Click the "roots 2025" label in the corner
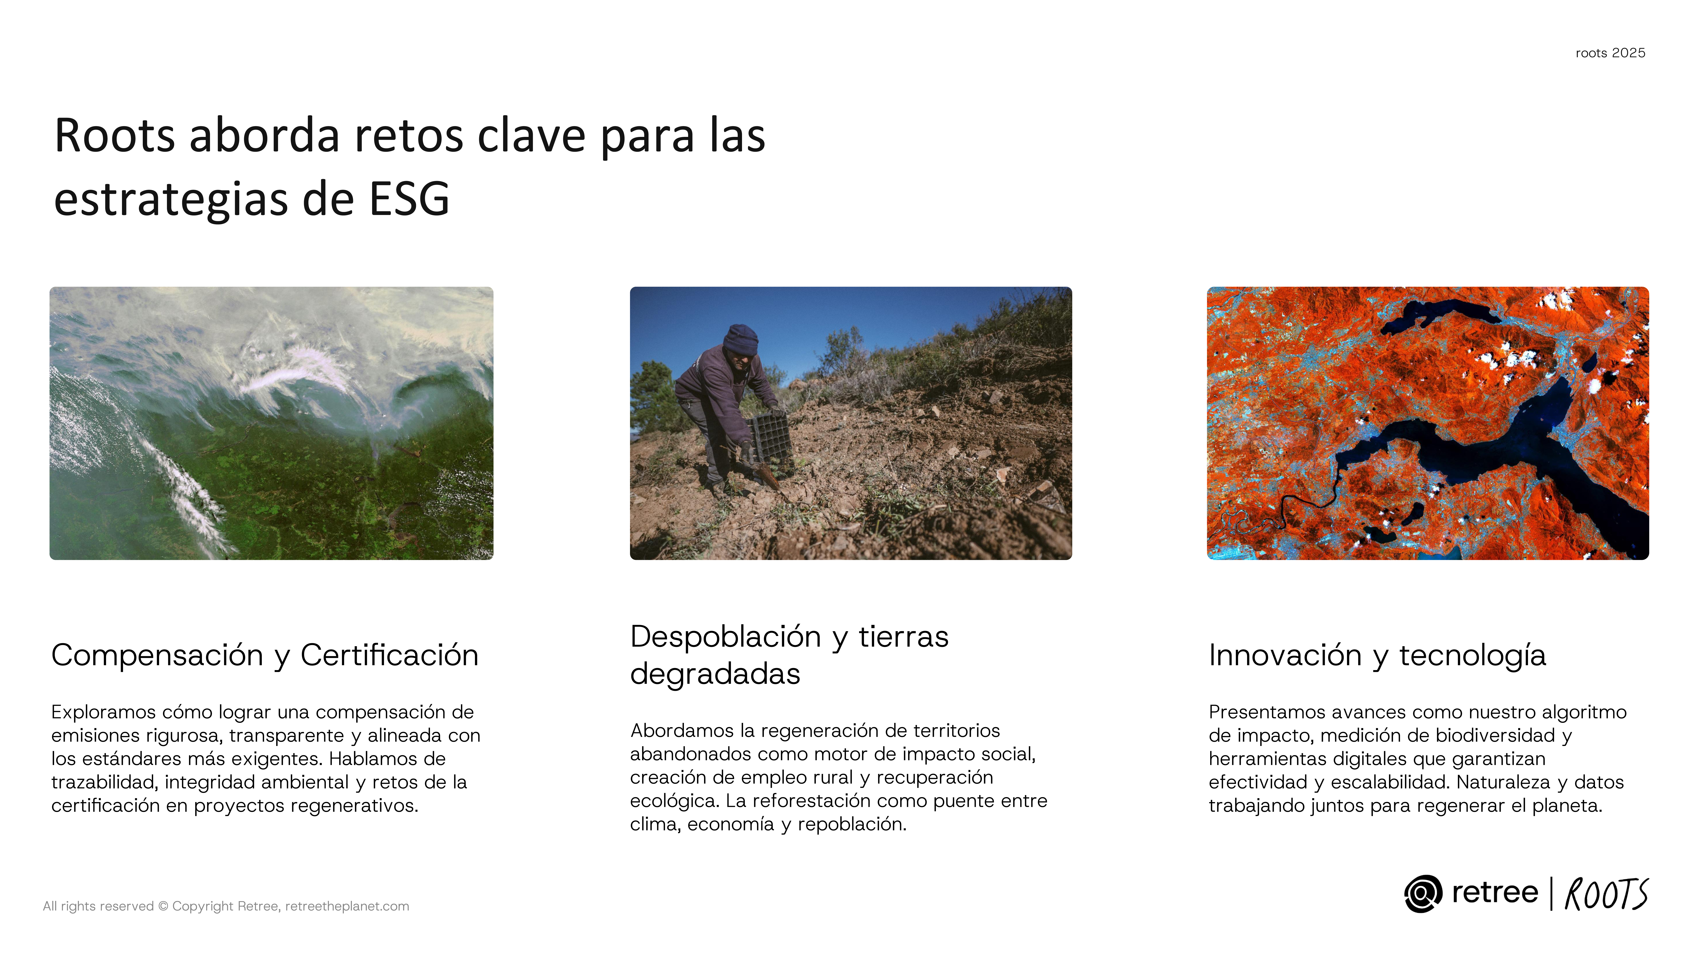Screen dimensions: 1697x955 (1610, 53)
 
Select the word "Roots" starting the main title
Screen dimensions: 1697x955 (115, 136)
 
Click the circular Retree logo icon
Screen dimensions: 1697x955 (1423, 894)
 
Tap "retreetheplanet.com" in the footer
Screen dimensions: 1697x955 (347, 906)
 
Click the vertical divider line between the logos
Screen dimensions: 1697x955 (1551, 894)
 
